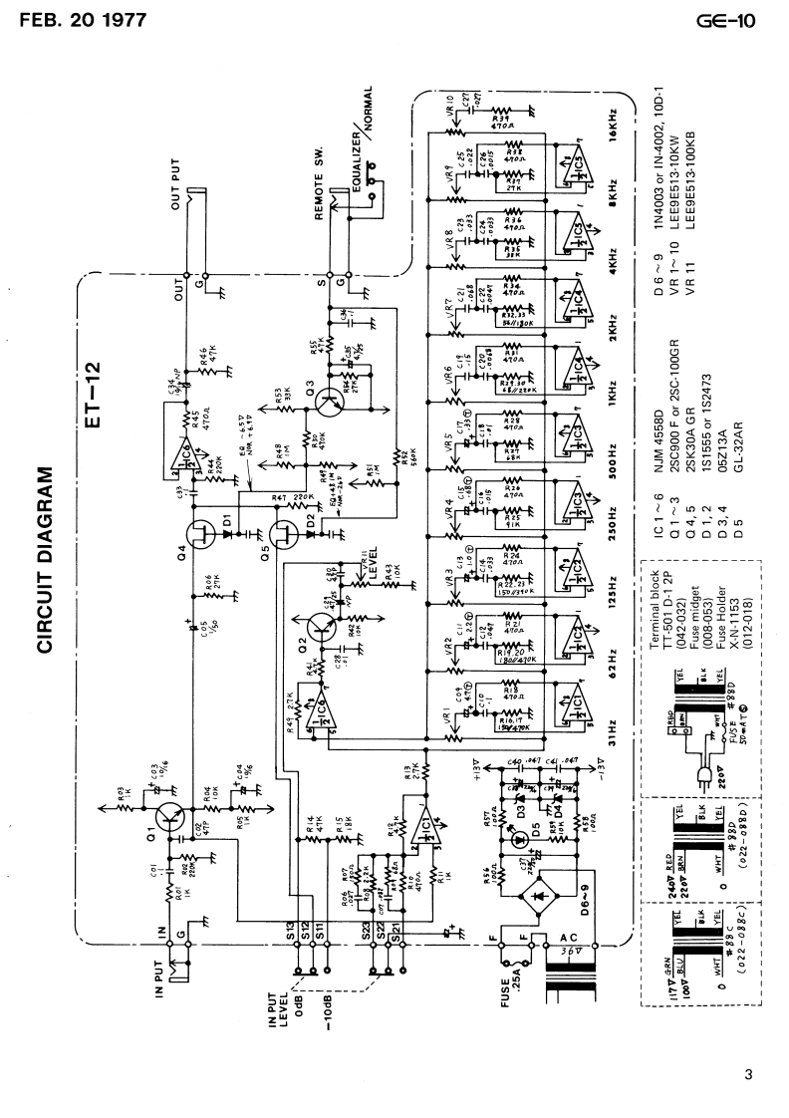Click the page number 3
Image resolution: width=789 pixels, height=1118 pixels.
point(748,1073)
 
